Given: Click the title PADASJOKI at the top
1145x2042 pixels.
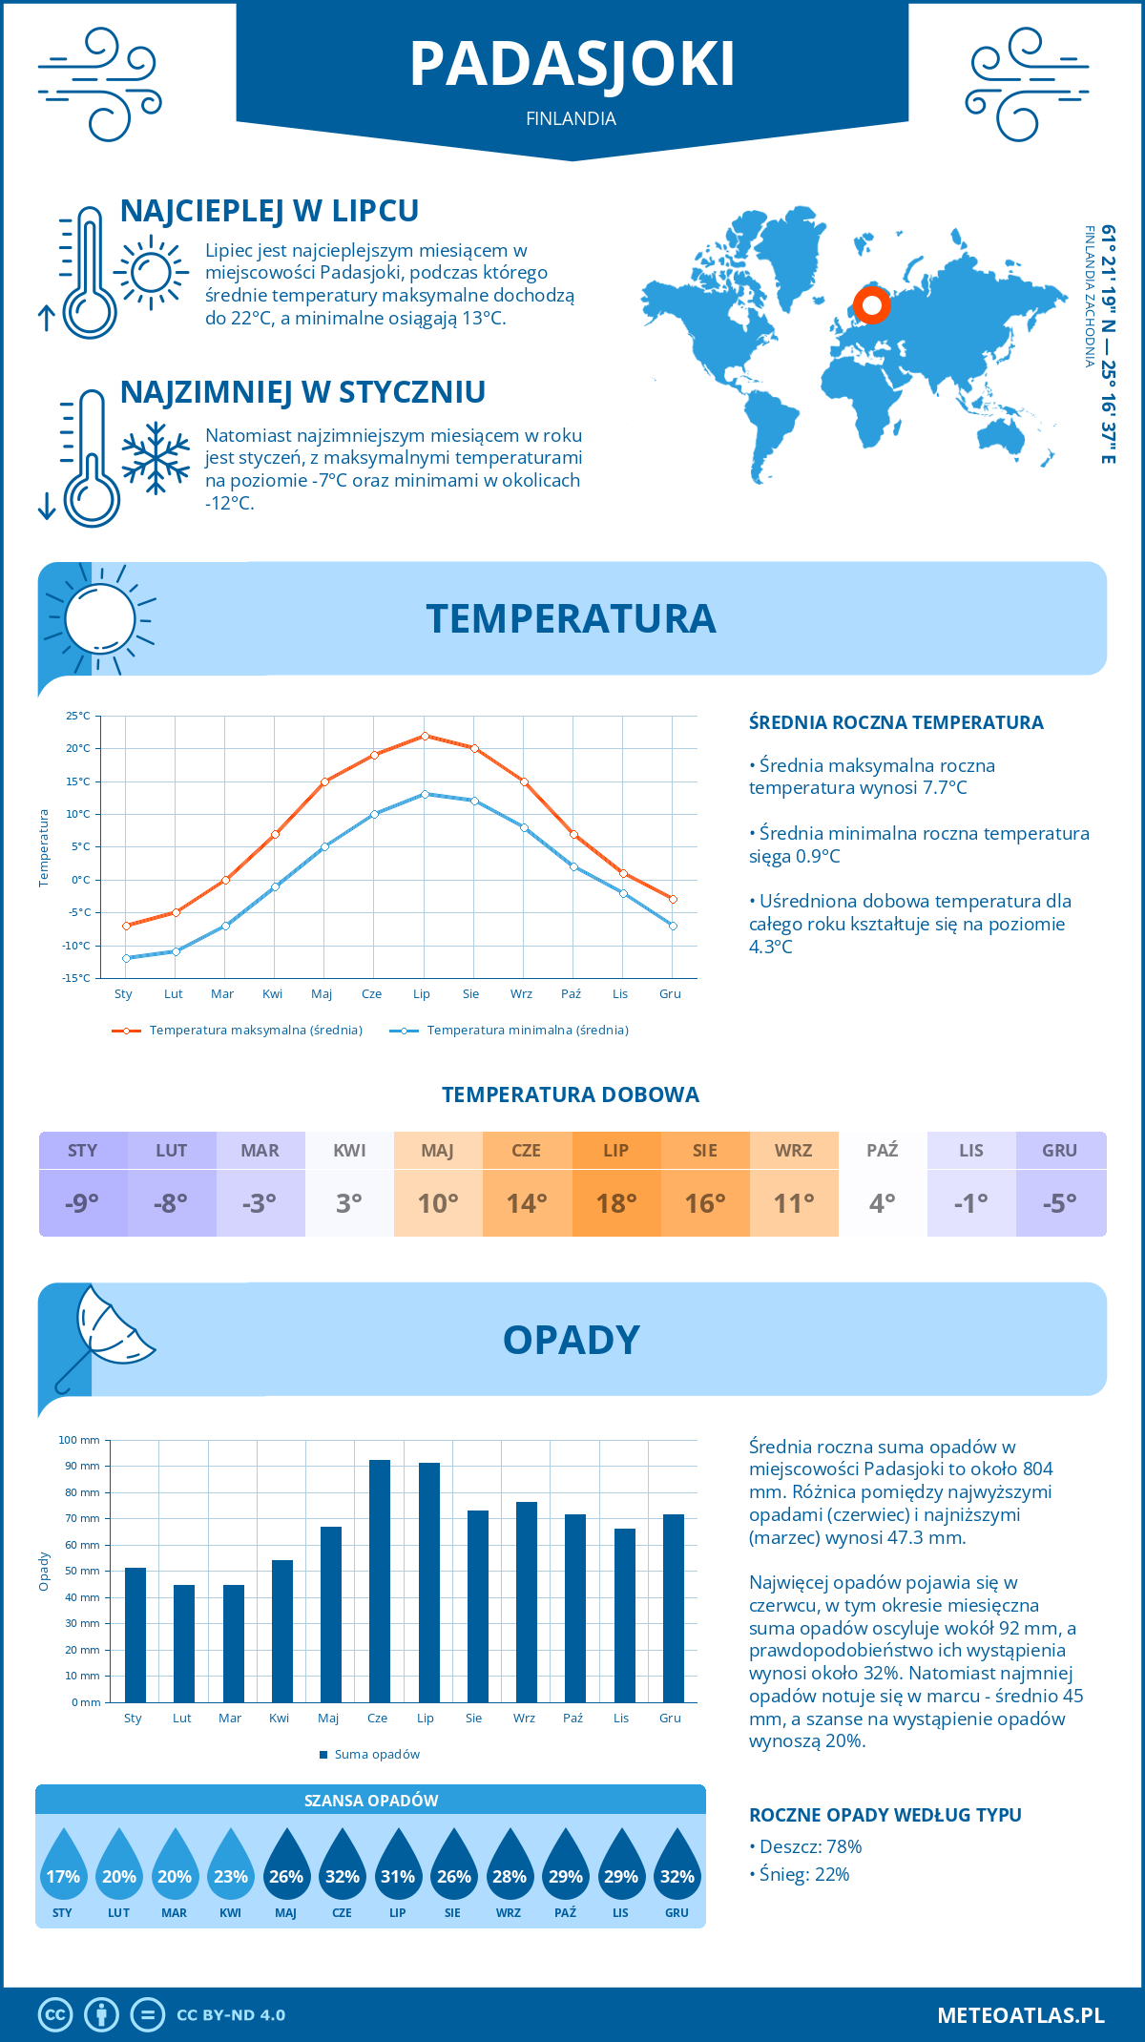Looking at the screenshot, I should (x=572, y=65).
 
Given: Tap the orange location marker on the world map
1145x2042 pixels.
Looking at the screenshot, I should (x=871, y=305).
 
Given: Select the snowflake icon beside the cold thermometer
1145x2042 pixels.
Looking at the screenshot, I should (x=156, y=458).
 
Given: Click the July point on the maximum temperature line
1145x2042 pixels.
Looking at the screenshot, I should (x=425, y=736).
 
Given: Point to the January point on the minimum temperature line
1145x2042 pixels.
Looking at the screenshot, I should (x=126, y=958).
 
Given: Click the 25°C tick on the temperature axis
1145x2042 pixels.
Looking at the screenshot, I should (x=78, y=716).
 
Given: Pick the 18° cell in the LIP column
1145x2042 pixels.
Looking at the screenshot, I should (x=616, y=1203).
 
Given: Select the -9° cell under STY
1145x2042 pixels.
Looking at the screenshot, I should (x=83, y=1203).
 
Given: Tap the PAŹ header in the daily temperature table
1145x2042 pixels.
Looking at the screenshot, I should (x=883, y=1151).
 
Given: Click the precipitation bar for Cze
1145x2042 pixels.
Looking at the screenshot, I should (x=380, y=1581).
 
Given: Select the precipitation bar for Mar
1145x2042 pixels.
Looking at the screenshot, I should (x=234, y=1643).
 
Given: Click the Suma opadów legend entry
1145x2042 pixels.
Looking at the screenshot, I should (x=376, y=1755).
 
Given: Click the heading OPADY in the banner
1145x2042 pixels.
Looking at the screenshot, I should (x=572, y=1340).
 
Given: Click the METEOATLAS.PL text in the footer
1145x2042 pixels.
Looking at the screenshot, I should (x=1021, y=2015).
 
